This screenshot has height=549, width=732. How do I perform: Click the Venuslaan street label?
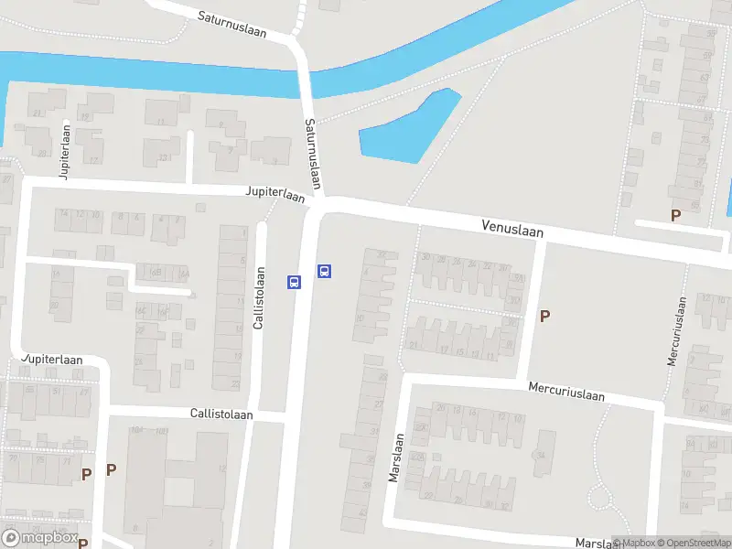512,229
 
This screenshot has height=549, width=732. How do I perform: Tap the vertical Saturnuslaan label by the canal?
314,154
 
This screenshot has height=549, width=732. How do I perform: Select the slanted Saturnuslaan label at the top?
231,24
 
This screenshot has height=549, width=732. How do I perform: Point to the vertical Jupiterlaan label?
64,153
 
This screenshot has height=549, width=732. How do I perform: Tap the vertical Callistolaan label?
260,298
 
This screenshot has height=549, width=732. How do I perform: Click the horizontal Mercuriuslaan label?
566,392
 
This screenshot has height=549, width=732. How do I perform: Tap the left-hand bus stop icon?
295,282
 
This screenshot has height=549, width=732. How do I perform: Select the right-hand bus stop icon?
324,271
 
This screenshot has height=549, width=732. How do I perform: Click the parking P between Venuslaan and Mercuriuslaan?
545,317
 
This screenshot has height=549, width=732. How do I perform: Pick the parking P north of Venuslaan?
676,216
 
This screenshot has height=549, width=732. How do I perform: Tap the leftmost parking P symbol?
86,474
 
